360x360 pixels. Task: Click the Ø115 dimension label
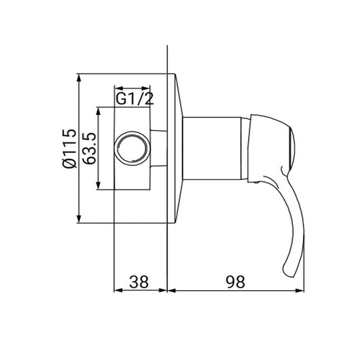69,149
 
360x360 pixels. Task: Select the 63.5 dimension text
89,149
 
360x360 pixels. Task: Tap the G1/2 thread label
134,99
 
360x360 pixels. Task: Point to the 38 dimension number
139,282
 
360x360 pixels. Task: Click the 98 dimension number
236,282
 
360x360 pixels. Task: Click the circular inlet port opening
132,147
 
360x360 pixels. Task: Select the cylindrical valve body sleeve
212,148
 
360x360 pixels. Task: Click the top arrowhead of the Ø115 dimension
79,78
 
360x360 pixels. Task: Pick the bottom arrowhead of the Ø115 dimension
79,219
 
